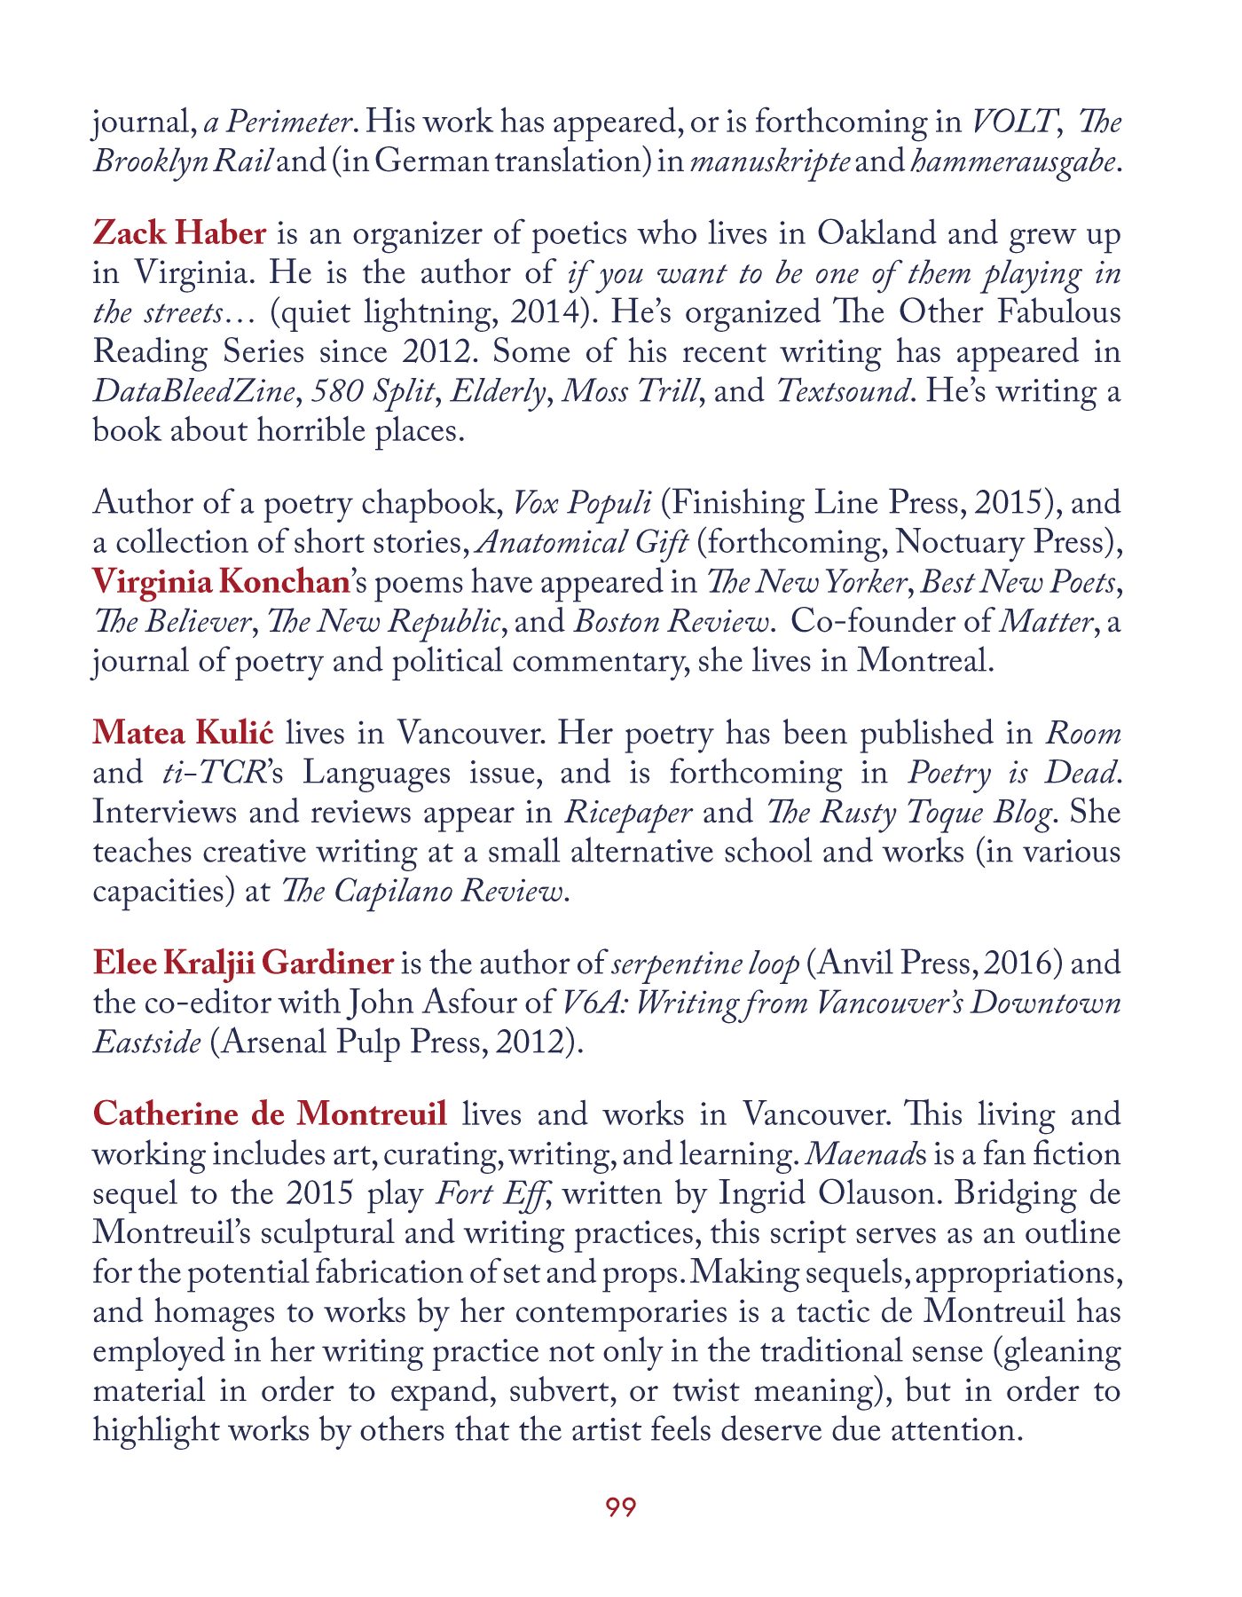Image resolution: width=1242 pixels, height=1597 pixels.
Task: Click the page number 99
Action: [x=620, y=1507]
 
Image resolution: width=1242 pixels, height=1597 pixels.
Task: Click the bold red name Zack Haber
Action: [x=179, y=233]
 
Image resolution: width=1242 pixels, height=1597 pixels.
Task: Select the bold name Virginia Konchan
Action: [x=221, y=582]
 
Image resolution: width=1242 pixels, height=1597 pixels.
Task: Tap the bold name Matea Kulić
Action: [x=183, y=734]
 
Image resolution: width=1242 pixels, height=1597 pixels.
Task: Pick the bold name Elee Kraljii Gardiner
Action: [x=243, y=964]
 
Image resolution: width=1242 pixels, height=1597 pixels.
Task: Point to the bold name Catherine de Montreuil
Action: [x=270, y=1114]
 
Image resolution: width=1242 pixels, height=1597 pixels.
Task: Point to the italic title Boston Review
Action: [x=672, y=621]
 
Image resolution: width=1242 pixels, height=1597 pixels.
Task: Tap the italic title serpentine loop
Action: [x=705, y=964]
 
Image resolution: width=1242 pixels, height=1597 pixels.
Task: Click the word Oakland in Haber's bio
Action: [x=876, y=233]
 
